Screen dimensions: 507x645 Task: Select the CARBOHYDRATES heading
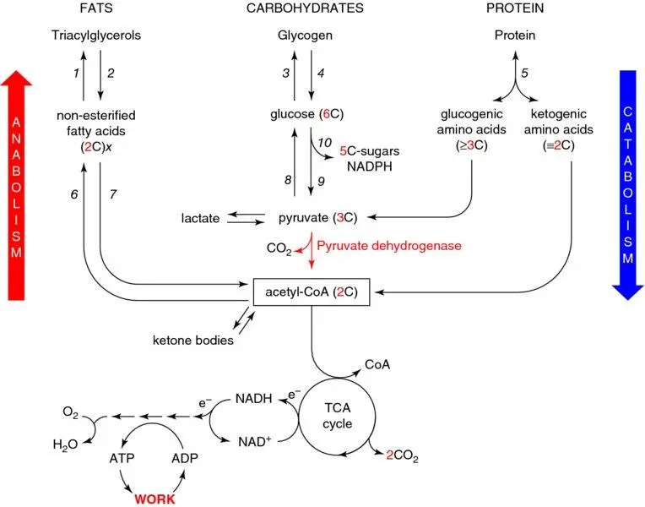(305, 8)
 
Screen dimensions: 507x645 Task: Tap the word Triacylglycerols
(96, 36)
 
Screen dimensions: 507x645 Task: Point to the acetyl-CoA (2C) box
(311, 292)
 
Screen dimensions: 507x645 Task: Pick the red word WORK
(153, 499)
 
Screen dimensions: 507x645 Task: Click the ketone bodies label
(193, 341)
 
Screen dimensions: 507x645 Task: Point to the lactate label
(199, 219)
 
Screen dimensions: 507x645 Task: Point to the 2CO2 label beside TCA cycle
(403, 458)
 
